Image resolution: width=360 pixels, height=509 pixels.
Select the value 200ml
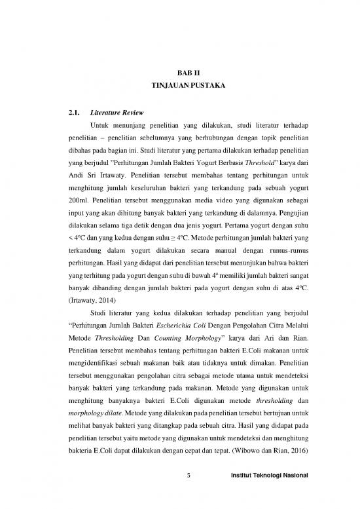click(x=79, y=209)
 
